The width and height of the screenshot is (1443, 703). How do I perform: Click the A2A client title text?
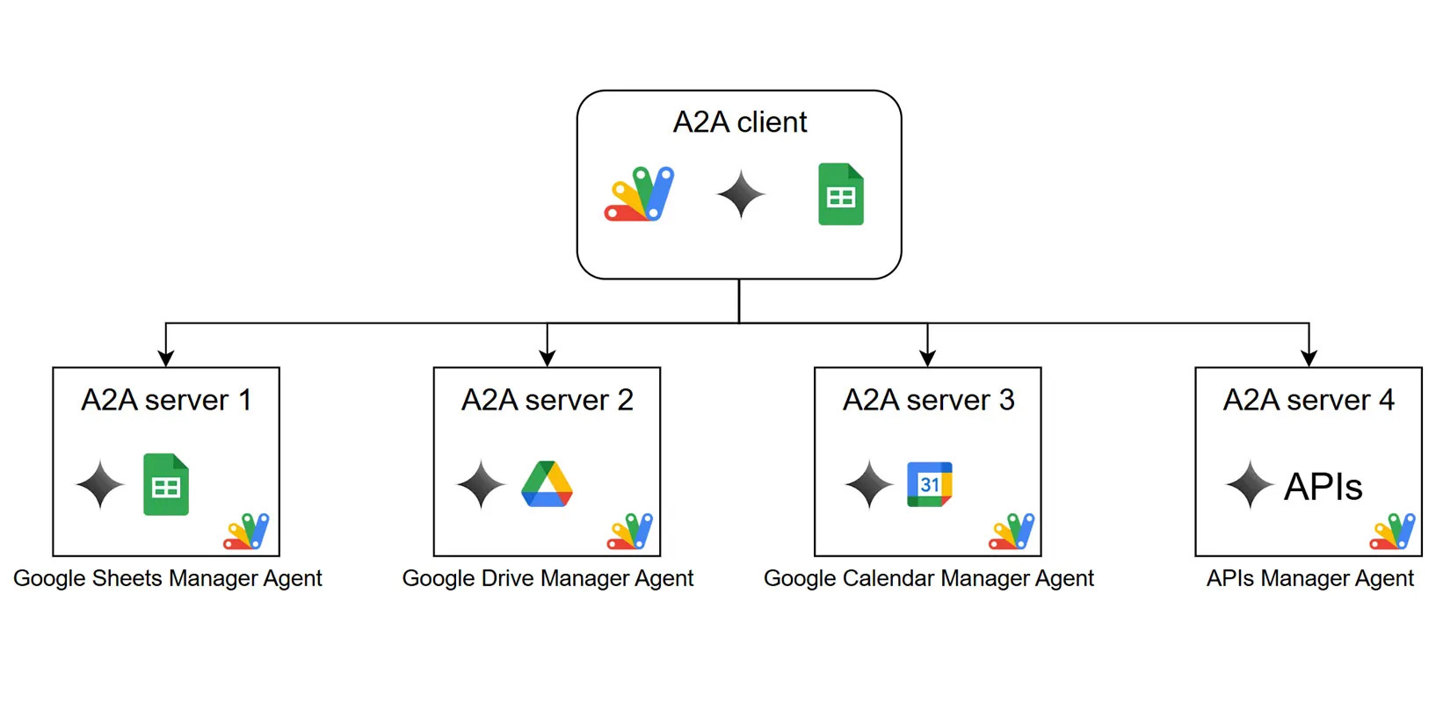739,122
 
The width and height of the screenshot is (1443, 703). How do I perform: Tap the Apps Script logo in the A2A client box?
639,193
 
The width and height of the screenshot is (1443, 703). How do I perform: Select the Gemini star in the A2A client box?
741,194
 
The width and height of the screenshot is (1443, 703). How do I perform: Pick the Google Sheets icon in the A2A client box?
841,194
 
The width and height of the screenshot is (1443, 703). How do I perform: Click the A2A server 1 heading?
166,400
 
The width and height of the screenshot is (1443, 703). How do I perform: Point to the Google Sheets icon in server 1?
166,484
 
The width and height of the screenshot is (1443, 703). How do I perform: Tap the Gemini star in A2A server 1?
100,484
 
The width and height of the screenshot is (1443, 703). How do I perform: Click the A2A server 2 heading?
547,400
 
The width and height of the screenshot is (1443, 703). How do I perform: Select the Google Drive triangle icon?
547,484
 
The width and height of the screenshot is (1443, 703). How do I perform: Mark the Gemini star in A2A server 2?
482,484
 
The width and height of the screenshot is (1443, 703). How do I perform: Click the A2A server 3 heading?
928,400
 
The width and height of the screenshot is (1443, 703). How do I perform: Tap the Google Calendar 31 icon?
929,484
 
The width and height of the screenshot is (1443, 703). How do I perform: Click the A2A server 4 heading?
1309,400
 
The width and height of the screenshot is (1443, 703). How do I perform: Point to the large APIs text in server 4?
1323,487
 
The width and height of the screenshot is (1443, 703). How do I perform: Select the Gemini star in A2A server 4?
1250,484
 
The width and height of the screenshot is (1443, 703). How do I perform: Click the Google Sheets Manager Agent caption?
167,578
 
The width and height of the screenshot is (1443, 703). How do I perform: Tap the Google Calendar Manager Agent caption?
928,578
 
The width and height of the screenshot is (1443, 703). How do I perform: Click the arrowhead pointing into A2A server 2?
547,358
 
